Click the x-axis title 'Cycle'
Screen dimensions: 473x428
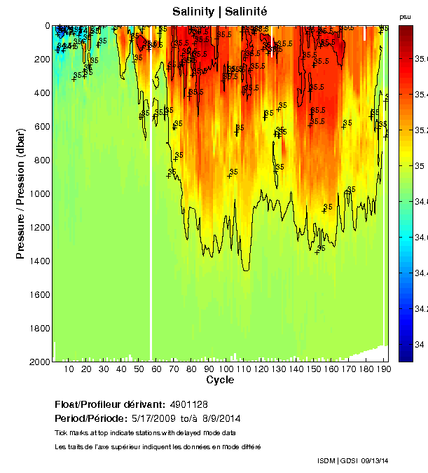point(220,381)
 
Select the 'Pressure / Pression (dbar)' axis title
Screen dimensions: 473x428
point(20,193)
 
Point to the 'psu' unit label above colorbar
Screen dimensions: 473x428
point(405,15)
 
